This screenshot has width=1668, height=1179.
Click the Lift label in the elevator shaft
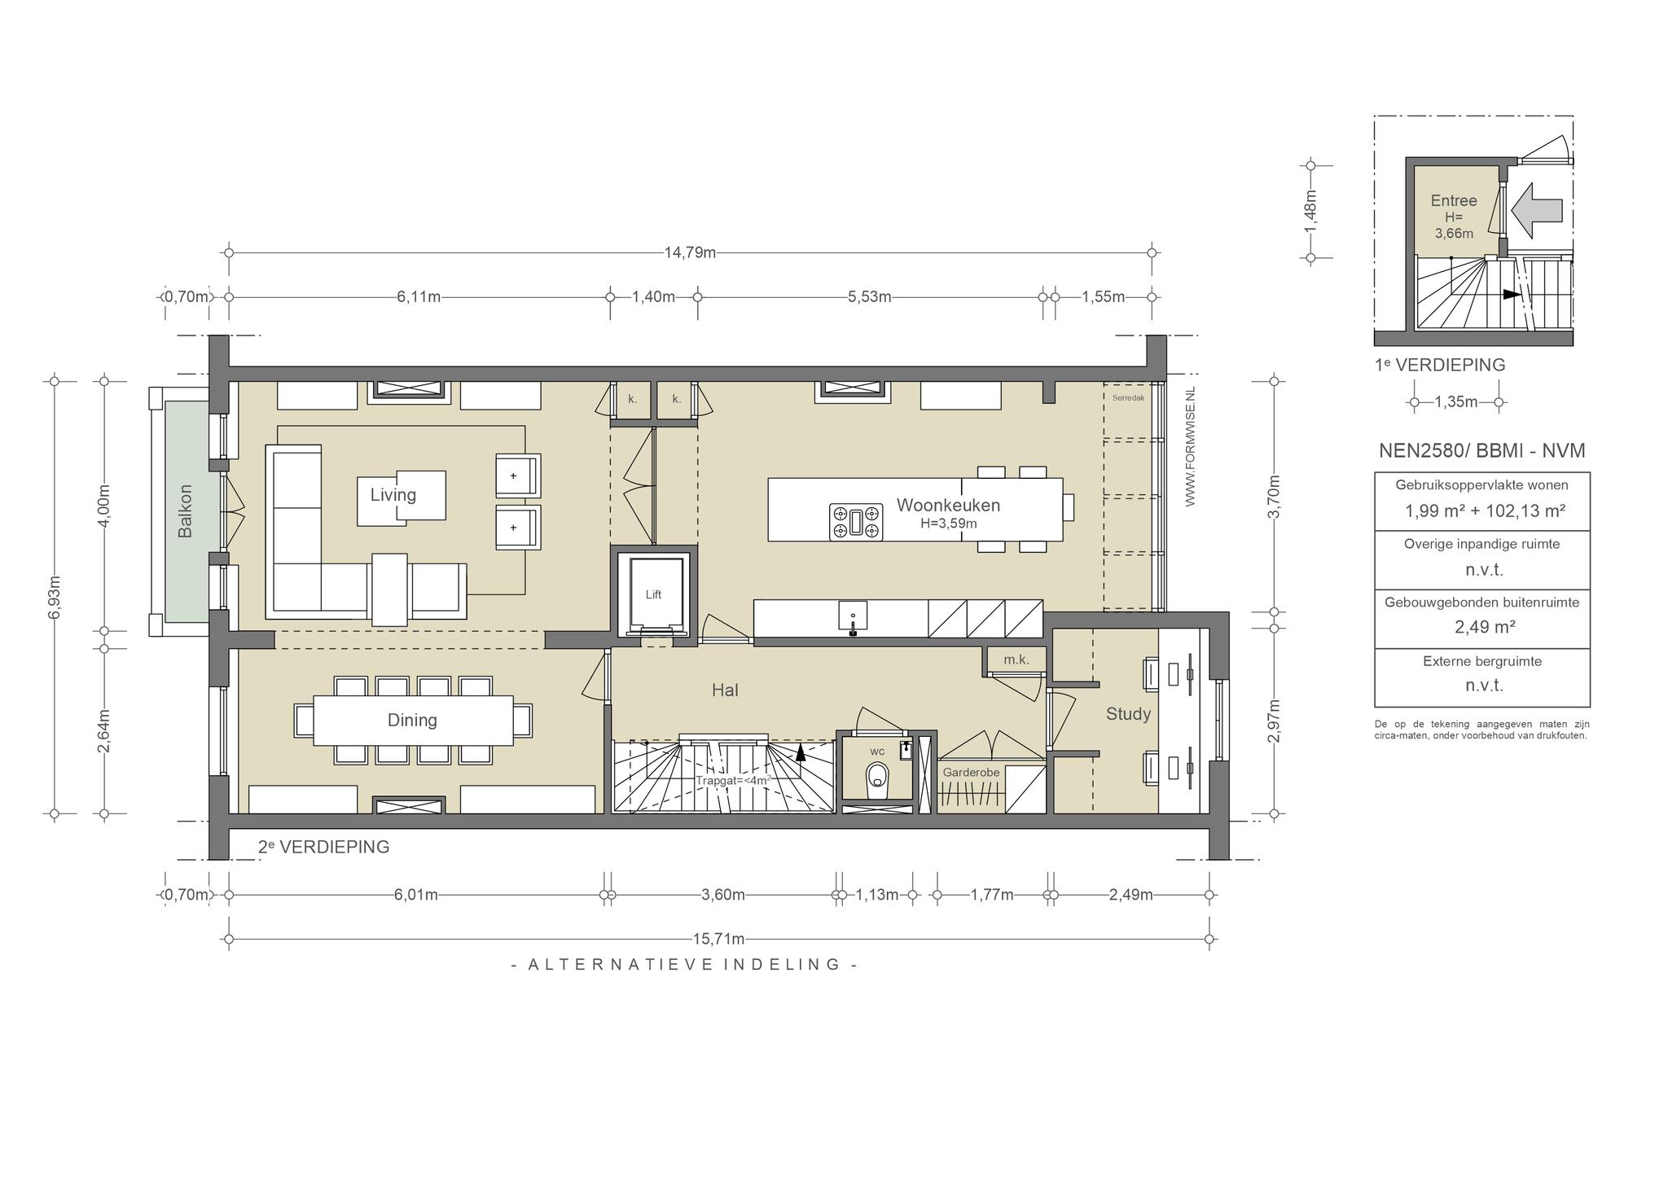click(x=653, y=594)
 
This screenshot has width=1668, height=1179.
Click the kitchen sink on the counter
click(x=853, y=616)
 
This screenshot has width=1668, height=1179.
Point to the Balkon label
click(x=186, y=511)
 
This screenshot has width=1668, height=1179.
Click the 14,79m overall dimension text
click(x=690, y=252)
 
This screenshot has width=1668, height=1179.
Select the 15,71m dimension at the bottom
click(x=719, y=939)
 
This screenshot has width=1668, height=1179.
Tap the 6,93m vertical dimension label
click(x=55, y=598)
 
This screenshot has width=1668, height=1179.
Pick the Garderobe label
click(x=971, y=772)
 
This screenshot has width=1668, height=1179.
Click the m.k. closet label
click(x=1016, y=660)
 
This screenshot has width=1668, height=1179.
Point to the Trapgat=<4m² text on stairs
click(x=733, y=780)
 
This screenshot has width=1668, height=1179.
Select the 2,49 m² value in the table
click(x=1482, y=627)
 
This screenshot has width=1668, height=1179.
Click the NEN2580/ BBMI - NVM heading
click(x=1482, y=450)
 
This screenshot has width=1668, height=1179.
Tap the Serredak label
click(x=1128, y=398)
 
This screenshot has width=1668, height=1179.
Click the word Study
click(x=1128, y=714)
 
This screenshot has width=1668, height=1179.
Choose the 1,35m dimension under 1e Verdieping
click(x=1456, y=401)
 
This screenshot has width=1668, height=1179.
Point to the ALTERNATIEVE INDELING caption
click(x=684, y=964)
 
